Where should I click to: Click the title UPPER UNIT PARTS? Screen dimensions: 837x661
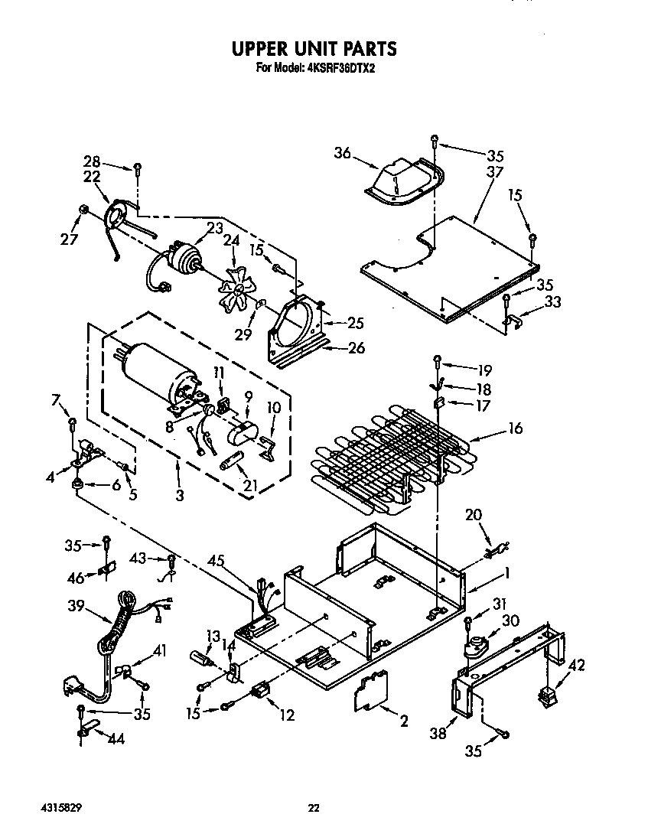[x=314, y=48]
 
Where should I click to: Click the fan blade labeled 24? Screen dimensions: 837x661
[x=239, y=289]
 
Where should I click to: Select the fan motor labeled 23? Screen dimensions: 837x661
[x=182, y=260]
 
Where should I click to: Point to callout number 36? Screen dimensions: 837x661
[x=341, y=154]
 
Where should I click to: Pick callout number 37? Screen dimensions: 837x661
[x=494, y=172]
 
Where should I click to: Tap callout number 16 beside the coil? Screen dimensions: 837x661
[x=515, y=428]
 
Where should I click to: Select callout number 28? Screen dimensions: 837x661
[x=92, y=162]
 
